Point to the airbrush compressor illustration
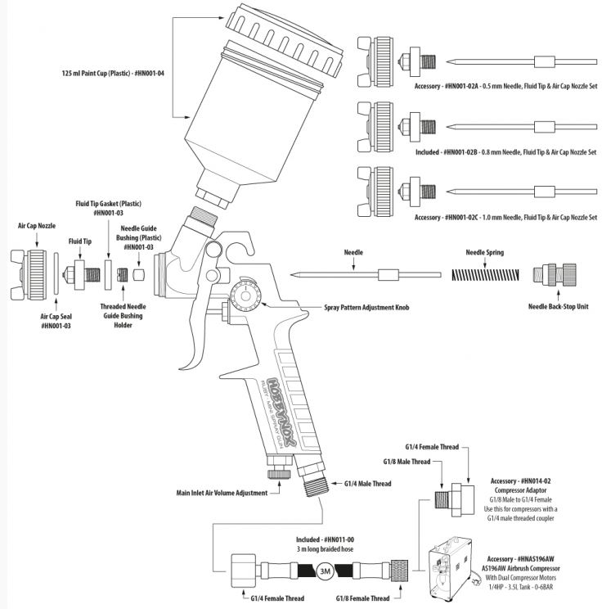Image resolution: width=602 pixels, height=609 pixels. pos(459,566)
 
